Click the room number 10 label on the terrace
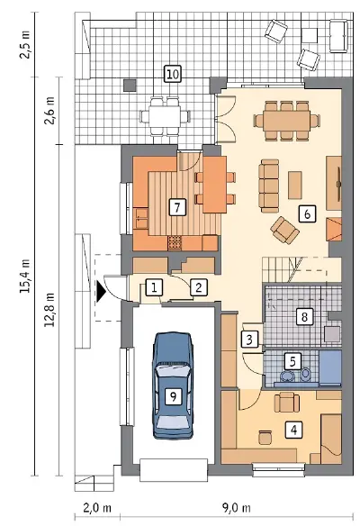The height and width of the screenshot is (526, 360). click(x=173, y=74)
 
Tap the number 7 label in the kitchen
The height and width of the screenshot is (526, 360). click(x=177, y=206)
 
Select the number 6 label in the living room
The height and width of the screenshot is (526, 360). click(x=308, y=213)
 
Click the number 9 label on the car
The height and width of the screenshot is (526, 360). click(x=173, y=396)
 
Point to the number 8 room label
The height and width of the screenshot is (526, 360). click(x=304, y=317)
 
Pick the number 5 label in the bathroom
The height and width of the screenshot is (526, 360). click(x=292, y=362)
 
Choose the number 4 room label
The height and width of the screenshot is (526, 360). click(x=294, y=430)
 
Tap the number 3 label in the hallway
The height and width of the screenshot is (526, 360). click(x=249, y=340)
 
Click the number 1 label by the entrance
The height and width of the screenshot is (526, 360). click(x=154, y=288)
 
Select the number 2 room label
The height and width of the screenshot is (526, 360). click(x=198, y=288)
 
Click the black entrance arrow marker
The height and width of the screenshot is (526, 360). click(x=101, y=292)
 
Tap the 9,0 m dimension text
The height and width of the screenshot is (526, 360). click(x=237, y=508)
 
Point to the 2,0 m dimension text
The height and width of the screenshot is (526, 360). click(x=97, y=508)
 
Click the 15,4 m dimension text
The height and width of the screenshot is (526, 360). click(x=26, y=277)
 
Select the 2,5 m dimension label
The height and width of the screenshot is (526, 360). click(x=26, y=45)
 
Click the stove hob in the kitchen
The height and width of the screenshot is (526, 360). click(x=175, y=242)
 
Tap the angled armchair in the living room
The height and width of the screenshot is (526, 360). click(x=285, y=231)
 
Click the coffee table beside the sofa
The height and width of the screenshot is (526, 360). click(x=295, y=186)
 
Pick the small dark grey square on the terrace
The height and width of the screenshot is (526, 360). click(x=130, y=86)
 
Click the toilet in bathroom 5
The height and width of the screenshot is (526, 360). click(x=305, y=374)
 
